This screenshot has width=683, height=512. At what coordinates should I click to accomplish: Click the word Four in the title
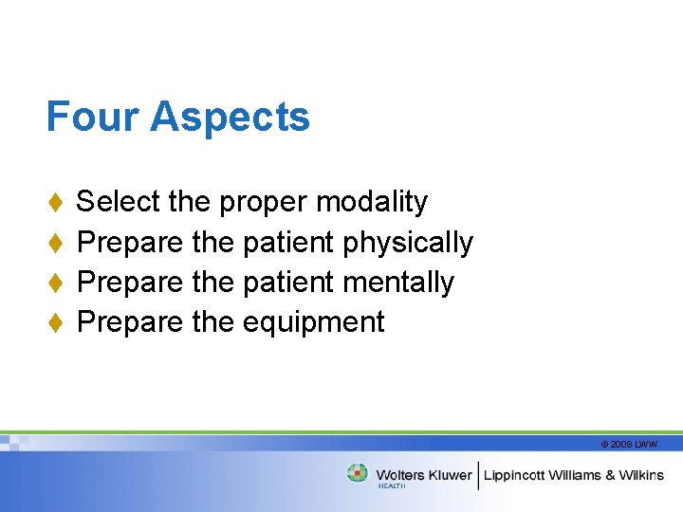click(x=93, y=118)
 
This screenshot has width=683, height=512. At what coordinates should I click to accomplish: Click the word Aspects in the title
click(x=230, y=118)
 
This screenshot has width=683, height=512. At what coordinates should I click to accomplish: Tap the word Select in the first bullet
click(x=118, y=202)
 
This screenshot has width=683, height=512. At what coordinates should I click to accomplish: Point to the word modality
click(x=372, y=202)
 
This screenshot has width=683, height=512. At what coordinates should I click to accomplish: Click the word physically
click(x=408, y=244)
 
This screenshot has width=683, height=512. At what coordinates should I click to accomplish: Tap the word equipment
click(x=313, y=323)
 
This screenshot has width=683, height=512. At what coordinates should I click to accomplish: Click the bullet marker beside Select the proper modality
click(x=55, y=202)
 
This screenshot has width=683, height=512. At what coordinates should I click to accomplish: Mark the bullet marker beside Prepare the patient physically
click(x=55, y=243)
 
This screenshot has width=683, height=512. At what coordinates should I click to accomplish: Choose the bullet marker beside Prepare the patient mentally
click(x=55, y=283)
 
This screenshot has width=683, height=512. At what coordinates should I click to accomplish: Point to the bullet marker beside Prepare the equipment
click(x=55, y=322)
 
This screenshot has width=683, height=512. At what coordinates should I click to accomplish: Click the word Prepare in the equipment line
click(x=130, y=322)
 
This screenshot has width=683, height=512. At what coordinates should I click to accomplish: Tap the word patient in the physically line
click(x=288, y=243)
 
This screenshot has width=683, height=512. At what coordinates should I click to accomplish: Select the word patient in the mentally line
click(x=288, y=283)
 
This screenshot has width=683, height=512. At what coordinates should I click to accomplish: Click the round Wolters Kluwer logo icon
click(x=358, y=473)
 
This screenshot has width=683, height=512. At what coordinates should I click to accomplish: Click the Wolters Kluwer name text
click(x=423, y=474)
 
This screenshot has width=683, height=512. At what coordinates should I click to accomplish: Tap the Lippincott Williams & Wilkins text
click(x=575, y=475)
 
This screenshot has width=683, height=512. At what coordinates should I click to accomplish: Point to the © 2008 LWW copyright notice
click(x=628, y=444)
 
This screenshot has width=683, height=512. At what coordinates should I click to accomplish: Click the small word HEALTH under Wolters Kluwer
click(x=392, y=486)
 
